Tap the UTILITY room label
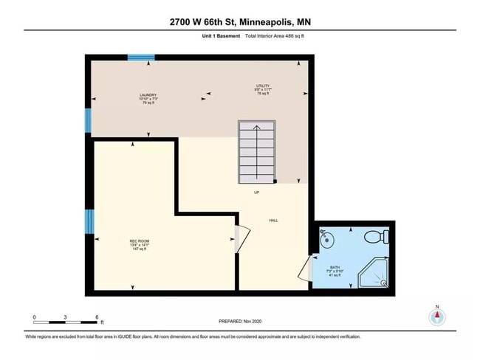[x=261, y=87]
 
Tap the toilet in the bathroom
[x=378, y=237]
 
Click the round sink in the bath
[x=328, y=239]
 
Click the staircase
[x=256, y=153]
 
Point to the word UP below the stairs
[x=256, y=193]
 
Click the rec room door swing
[x=242, y=238]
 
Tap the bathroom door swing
[x=305, y=269]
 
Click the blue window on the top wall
[x=141, y=58]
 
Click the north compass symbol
[x=437, y=316]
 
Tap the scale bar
[x=66, y=322]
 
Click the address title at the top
[x=239, y=22]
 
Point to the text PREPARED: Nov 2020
[x=240, y=321]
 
